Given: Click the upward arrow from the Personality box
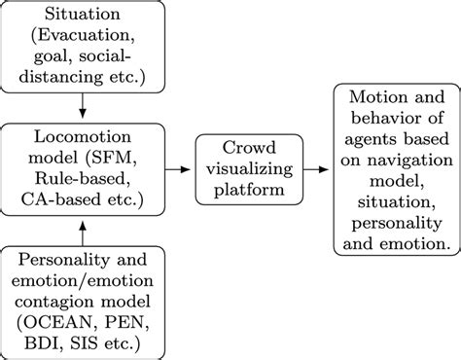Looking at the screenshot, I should [x=84, y=233].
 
